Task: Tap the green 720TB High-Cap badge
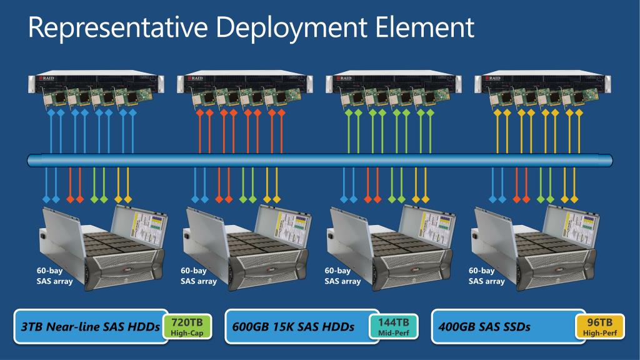(187, 327)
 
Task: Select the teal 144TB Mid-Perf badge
(394, 327)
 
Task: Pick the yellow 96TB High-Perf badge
(600, 327)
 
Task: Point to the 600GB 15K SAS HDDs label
(293, 327)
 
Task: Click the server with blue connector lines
(97, 82)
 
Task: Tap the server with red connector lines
(245, 82)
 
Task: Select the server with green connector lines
(394, 82)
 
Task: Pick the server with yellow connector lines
(542, 82)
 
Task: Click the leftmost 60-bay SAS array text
(54, 276)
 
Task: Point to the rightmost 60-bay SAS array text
(486, 276)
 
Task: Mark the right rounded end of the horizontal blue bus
(608, 161)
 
